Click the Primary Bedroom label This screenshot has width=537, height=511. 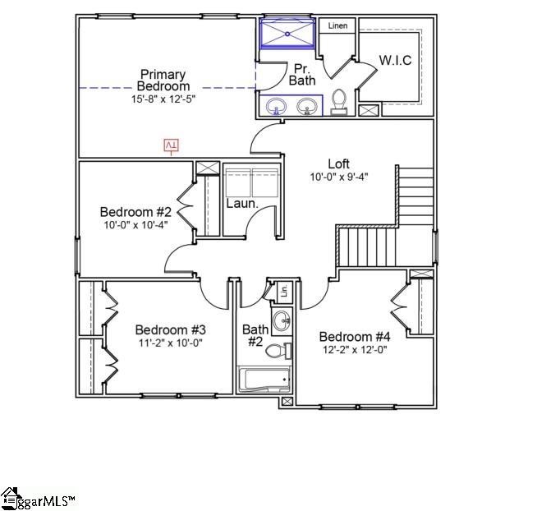click(163, 80)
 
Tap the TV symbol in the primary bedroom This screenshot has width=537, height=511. click(172, 145)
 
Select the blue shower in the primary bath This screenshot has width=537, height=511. click(287, 35)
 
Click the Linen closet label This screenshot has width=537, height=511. click(337, 26)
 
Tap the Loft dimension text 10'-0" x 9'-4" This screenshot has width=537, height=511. click(338, 177)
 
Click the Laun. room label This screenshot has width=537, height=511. click(242, 203)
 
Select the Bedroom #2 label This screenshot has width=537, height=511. click(135, 211)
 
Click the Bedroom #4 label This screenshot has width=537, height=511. click(355, 337)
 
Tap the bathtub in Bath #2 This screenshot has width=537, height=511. click(264, 380)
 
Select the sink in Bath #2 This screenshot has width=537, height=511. click(281, 320)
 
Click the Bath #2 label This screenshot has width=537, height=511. click(253, 335)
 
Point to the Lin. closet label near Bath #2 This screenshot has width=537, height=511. click(284, 291)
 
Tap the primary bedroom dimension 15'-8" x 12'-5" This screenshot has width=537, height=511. click(163, 99)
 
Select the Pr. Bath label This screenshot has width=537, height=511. click(302, 74)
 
